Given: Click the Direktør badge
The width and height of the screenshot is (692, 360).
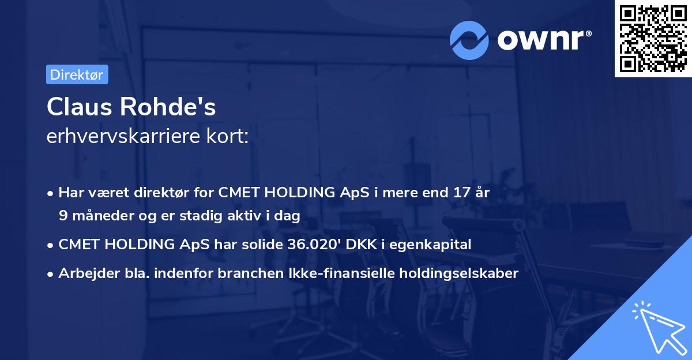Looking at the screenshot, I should [77, 75].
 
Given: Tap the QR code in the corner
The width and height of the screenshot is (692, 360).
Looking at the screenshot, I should [653, 38].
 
